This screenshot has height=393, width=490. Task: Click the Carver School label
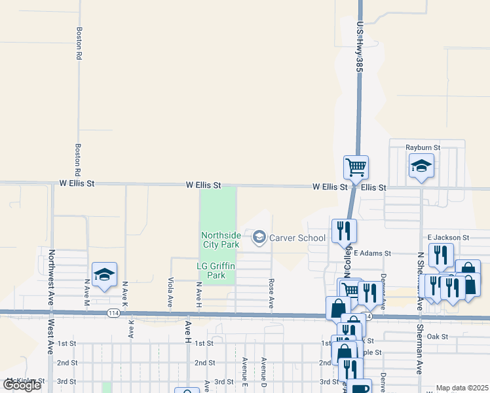[x=297, y=238]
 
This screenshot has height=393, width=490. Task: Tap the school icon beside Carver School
[x=259, y=237]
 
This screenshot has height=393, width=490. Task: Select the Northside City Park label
[x=219, y=240]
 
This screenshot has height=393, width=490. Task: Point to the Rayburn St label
[x=423, y=148]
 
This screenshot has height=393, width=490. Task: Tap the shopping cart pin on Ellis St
[x=356, y=167]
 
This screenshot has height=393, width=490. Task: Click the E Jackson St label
[x=448, y=237]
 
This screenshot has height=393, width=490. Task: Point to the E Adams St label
[x=372, y=252]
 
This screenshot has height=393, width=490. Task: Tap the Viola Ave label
[x=170, y=293]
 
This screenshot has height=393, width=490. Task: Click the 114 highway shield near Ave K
[x=113, y=313]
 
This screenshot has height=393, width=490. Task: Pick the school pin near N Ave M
[x=104, y=275]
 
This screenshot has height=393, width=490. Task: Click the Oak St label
[x=436, y=337]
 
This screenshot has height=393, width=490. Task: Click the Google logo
[x=22, y=385]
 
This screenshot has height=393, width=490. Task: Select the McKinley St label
[x=25, y=381]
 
